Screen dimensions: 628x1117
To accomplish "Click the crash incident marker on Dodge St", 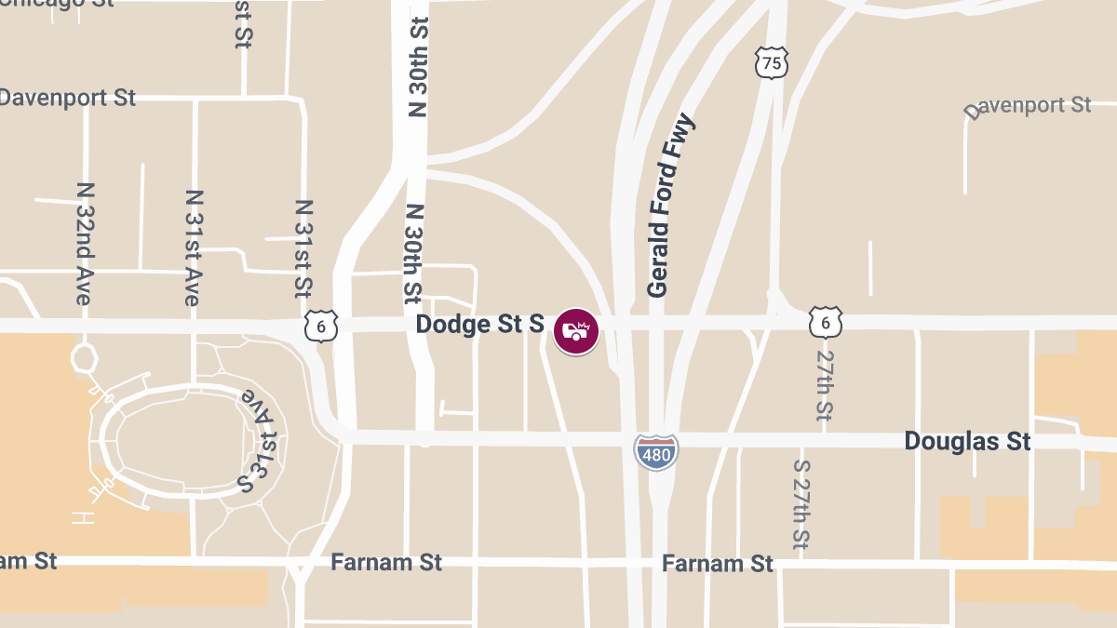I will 576,330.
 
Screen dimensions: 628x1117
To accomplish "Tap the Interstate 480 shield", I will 656,451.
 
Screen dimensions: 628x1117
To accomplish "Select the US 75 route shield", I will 772,63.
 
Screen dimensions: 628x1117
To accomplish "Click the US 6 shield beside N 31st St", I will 320,327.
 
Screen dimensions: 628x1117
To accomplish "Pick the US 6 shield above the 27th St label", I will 826,322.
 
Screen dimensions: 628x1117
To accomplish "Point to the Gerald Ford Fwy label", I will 670,206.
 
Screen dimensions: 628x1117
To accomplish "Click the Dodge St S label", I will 479,325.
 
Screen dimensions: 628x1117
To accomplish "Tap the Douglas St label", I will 967,440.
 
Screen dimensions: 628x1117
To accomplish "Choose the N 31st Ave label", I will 193,247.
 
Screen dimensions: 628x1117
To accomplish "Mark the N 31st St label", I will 303,247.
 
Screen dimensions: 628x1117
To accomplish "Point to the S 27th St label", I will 801,503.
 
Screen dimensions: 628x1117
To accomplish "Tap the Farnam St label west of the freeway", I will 386,563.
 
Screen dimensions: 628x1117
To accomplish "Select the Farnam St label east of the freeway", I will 718,564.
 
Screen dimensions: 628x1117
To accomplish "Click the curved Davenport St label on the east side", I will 1028,106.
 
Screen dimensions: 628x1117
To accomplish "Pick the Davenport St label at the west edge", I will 67,98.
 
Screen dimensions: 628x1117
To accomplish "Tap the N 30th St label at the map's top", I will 418,65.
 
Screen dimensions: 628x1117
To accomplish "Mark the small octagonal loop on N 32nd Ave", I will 84,357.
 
